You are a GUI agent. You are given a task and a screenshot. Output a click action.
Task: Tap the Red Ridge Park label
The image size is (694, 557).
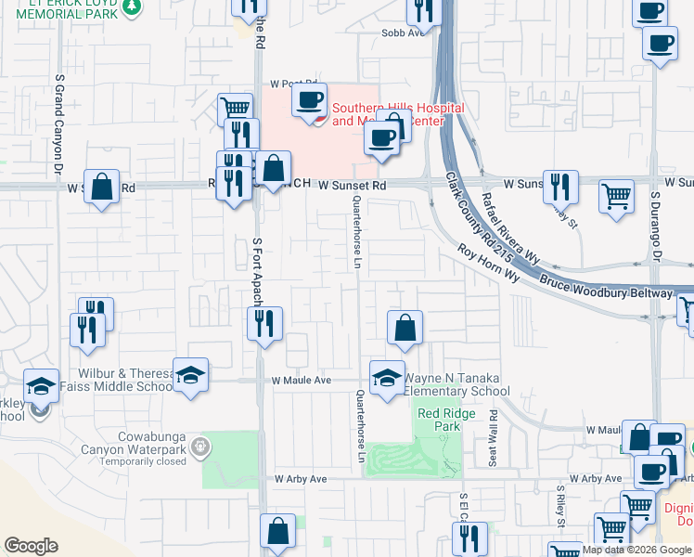(x=439, y=420)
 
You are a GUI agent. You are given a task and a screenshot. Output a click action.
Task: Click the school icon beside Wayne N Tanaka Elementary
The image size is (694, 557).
(x=387, y=377)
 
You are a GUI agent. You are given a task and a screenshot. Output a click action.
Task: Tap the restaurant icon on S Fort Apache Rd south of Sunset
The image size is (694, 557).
(x=265, y=324)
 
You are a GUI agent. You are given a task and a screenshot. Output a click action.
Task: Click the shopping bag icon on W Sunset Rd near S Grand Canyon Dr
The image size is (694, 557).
(x=102, y=186)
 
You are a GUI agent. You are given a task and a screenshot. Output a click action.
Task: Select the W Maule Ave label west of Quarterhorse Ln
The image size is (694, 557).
(x=302, y=381)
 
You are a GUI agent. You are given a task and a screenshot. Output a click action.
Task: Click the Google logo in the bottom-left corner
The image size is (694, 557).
(x=31, y=546)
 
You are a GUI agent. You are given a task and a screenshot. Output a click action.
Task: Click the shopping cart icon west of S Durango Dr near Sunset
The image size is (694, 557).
(x=616, y=196)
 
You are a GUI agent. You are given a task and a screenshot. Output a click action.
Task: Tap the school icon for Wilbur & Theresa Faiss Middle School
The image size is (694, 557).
(x=190, y=376)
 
